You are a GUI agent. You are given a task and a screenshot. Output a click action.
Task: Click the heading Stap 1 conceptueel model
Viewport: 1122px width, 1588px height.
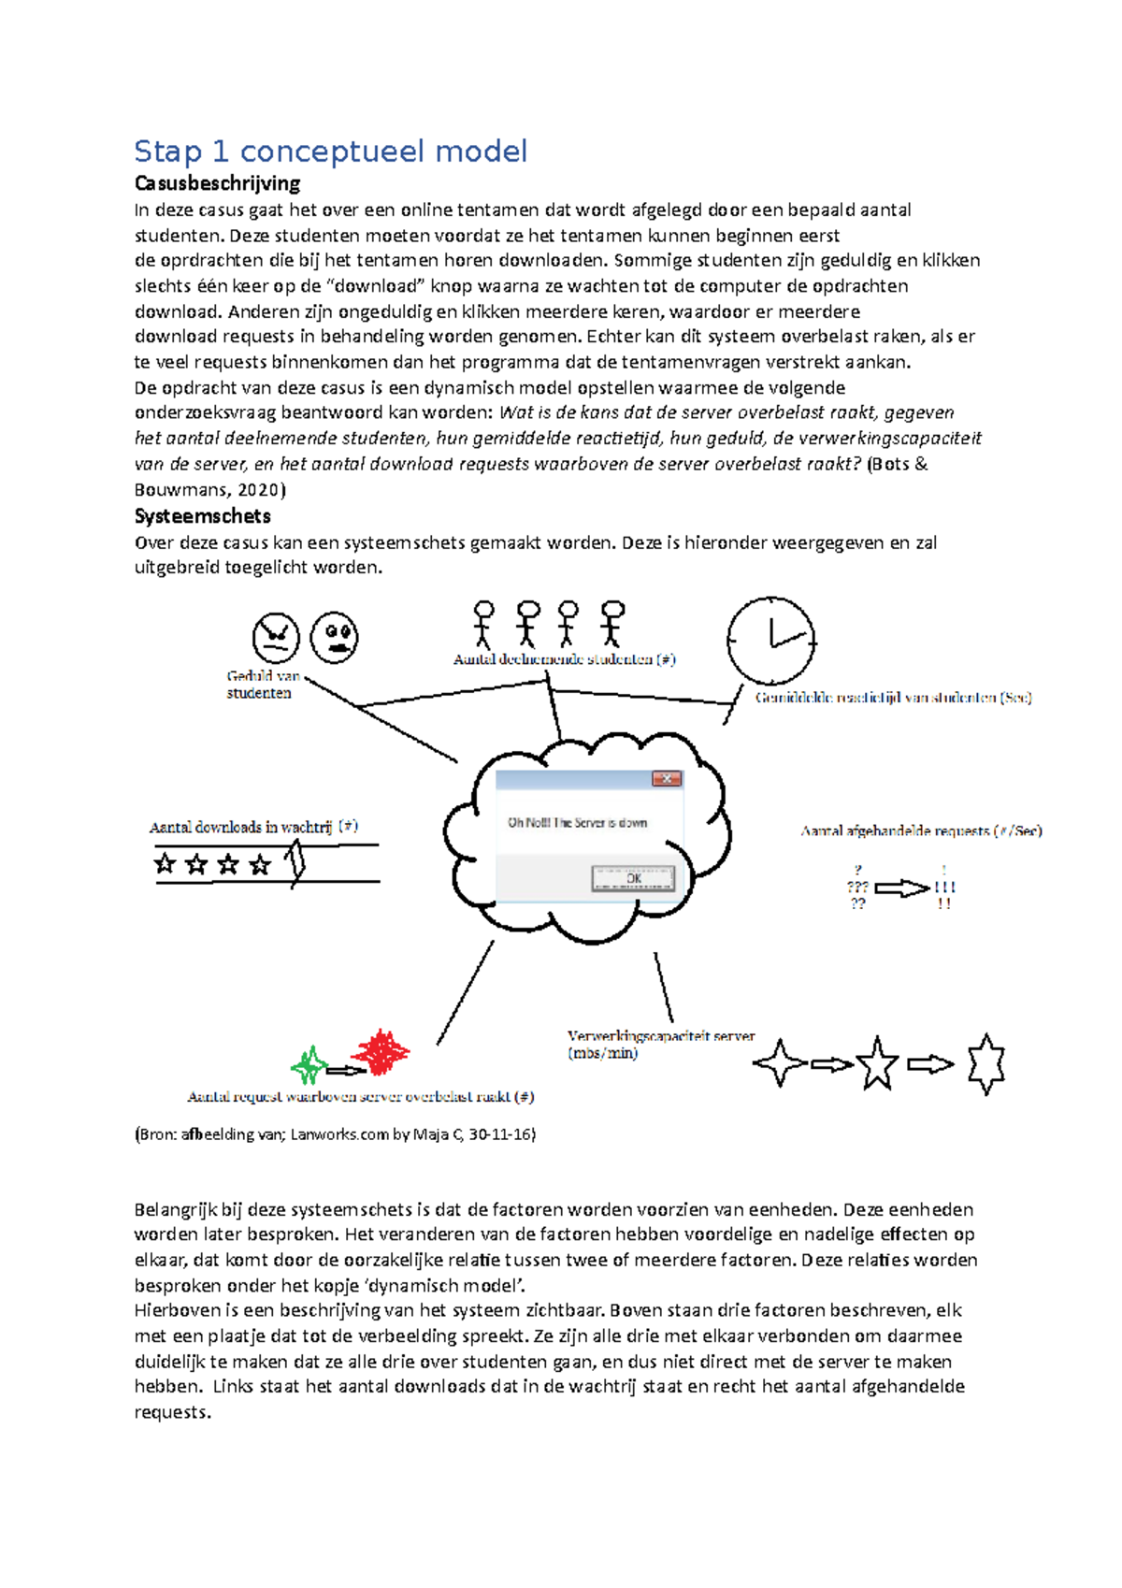331,152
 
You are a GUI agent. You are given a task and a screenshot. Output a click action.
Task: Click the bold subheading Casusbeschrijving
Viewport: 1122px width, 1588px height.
217,183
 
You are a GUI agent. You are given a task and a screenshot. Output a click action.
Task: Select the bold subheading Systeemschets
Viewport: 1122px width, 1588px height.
203,516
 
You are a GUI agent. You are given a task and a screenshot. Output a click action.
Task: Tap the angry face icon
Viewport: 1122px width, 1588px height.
276,638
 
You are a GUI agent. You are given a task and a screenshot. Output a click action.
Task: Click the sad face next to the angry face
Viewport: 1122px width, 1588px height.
334,637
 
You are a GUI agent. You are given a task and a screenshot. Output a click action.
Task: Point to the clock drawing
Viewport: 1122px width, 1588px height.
771,641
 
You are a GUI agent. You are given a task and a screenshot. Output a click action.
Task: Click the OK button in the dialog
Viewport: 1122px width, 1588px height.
633,878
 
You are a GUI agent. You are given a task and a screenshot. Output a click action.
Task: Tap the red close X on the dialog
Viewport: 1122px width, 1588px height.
667,778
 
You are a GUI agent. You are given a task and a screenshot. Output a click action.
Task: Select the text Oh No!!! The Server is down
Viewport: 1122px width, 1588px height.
577,823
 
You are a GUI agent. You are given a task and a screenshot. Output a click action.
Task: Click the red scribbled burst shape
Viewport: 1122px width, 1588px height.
381,1052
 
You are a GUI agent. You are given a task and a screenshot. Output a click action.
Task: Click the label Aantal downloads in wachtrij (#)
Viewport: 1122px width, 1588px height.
253,827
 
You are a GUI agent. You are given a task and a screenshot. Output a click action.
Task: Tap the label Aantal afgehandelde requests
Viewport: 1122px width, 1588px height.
921,830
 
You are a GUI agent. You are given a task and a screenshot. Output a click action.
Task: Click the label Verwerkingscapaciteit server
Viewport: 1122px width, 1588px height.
660,1036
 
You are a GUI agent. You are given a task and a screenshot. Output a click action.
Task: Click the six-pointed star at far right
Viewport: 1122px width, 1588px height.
986,1064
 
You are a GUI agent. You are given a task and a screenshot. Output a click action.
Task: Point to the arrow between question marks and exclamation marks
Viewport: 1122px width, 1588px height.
901,888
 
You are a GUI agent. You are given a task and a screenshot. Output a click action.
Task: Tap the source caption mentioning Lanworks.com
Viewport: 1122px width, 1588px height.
335,1134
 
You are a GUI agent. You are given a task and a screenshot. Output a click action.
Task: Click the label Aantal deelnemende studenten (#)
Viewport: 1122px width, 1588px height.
564,659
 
